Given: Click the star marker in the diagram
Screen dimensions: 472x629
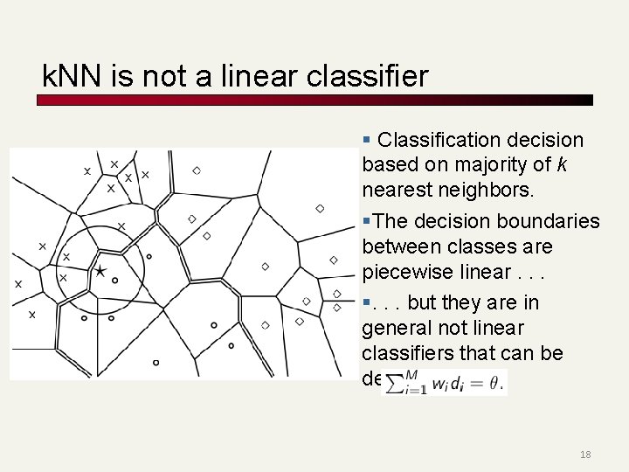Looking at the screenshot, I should click(x=100, y=272).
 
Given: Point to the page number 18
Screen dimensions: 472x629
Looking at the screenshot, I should click(x=585, y=455).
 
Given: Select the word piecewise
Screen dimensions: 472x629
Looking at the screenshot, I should click(x=411, y=272).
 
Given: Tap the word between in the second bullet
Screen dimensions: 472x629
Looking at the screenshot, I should click(x=398, y=246).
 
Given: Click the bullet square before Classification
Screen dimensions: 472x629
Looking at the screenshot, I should click(x=367, y=140).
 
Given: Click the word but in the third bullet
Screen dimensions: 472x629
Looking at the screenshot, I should click(x=423, y=302).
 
